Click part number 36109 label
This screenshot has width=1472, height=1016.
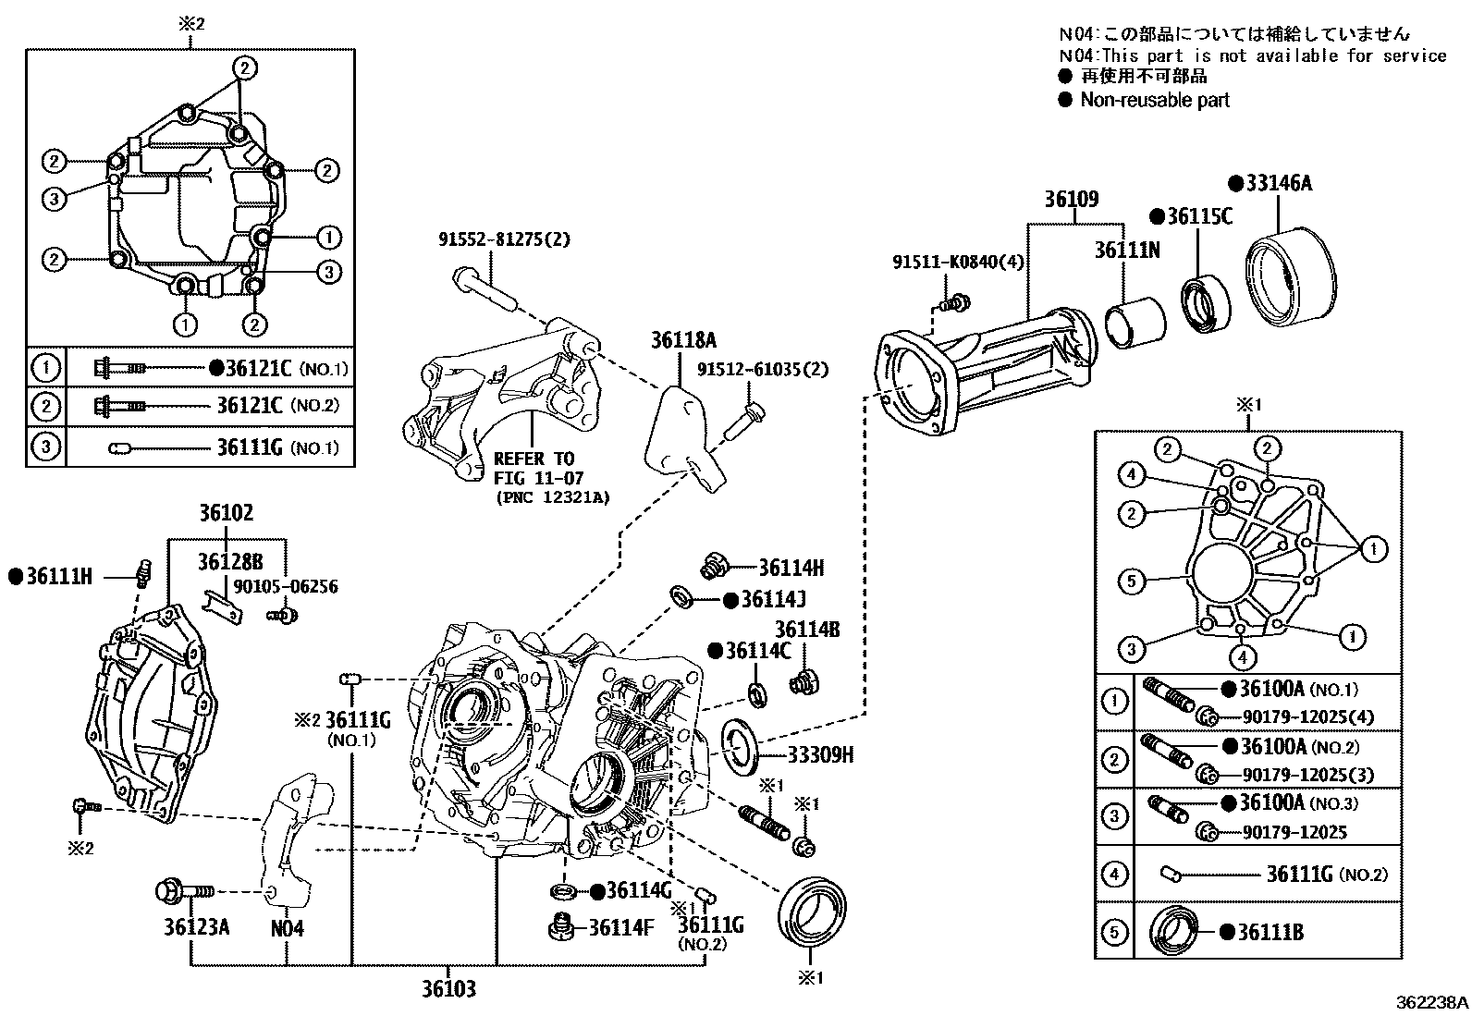1072,199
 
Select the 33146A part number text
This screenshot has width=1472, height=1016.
1278,183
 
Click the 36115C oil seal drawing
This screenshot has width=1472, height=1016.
1206,301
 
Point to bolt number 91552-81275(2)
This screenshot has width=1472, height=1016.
504,239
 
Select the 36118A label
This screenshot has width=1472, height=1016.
683,339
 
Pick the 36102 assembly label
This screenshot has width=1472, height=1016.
227,513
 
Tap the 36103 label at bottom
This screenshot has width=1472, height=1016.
448,989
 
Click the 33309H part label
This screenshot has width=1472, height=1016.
820,755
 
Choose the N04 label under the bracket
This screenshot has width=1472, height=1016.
287,927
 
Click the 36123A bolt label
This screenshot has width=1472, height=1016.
197,927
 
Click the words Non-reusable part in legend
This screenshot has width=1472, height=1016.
1155,100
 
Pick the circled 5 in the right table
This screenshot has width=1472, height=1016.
1115,932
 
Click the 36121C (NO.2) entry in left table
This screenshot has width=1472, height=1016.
277,406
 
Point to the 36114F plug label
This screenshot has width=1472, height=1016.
615,927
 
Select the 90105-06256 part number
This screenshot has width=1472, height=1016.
285,586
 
